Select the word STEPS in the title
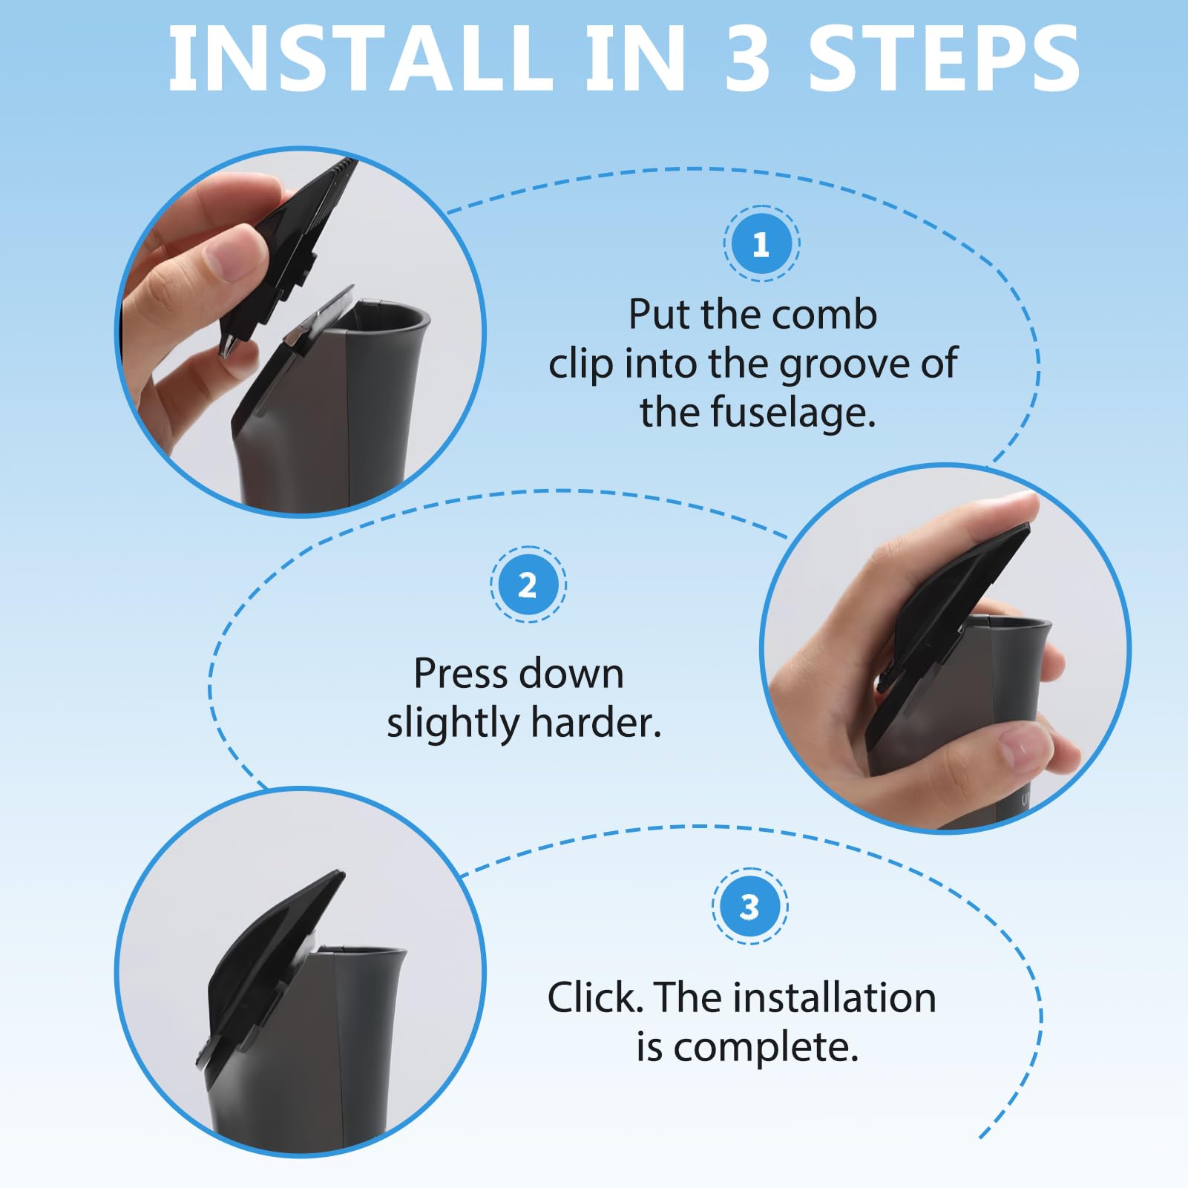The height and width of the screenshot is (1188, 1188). (943, 59)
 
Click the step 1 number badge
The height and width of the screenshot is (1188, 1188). (761, 244)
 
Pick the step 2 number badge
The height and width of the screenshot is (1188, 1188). (528, 585)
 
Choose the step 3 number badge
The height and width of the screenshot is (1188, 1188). (749, 906)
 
